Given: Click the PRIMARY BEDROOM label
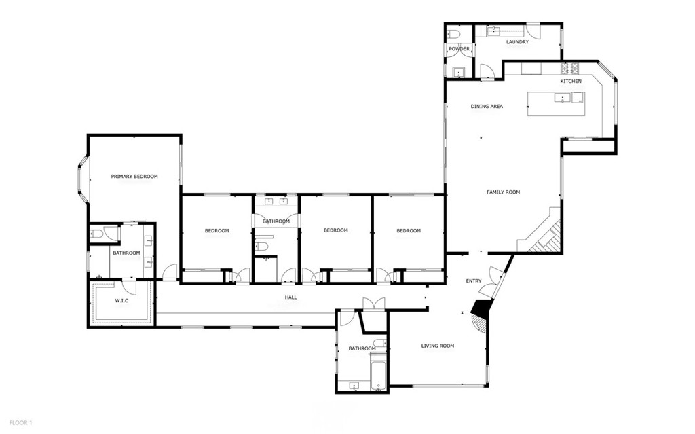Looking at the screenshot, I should pos(134,177).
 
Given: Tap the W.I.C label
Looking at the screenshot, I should pos(122,300).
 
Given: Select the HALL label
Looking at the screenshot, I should pos(290,297).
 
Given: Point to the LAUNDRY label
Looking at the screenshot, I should pos(517,42).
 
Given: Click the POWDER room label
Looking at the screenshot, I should pos(459,49).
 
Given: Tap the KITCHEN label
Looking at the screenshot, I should pos(571,82).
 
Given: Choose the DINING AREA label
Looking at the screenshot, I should pos(487,107).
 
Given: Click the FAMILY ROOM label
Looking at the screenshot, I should pos(503,192).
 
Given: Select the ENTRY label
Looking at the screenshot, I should pos(473,281).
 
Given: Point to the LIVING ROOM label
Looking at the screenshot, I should pos(438,346).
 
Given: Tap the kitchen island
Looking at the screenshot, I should pos(556,104).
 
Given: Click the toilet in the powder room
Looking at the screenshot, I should pos(454,33).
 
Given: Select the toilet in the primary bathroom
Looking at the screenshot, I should pos(96,234).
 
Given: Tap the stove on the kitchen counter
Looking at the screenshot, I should pos(569,68).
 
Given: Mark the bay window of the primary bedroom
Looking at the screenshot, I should pos(81,180).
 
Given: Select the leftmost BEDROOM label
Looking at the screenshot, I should pos(217,231).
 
